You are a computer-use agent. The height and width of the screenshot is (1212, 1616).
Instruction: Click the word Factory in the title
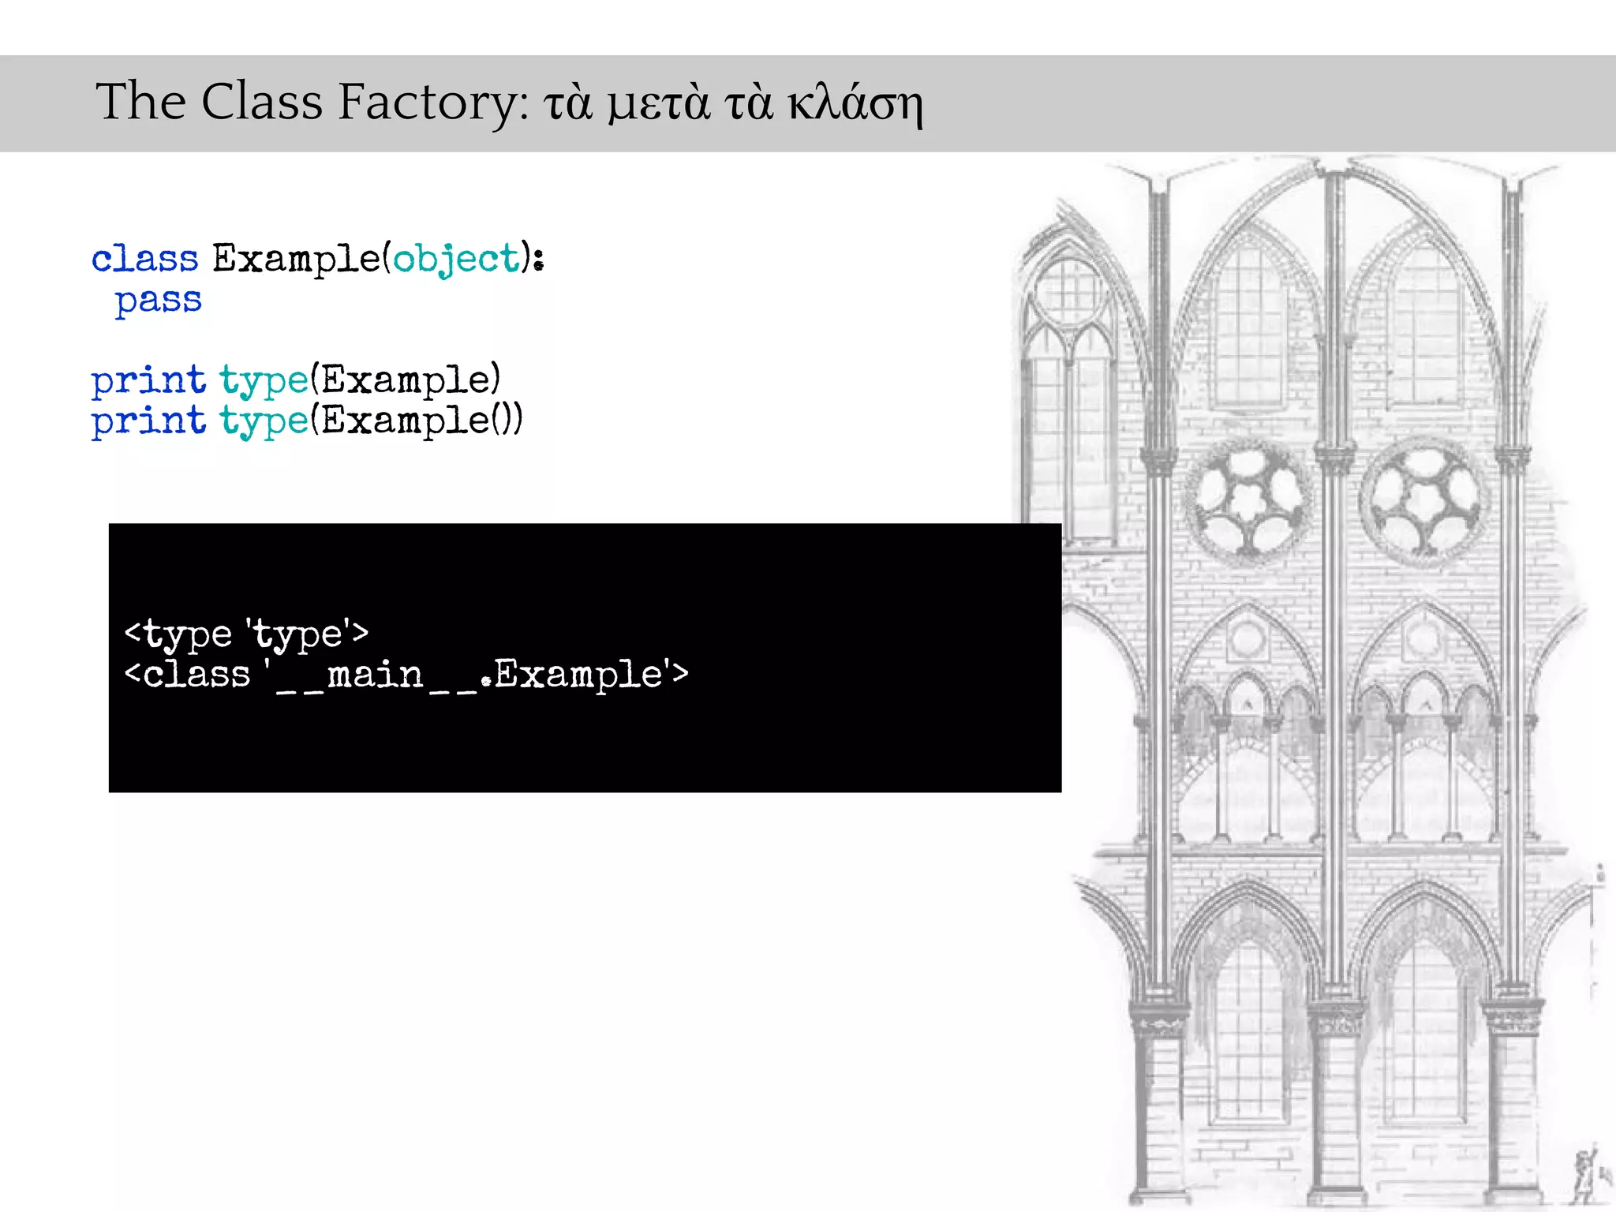(x=433, y=103)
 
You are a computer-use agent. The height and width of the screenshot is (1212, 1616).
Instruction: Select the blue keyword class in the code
(x=145, y=259)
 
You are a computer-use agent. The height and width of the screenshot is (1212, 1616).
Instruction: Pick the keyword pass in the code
(x=158, y=301)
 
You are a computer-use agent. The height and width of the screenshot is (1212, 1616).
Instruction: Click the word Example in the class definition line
(x=297, y=259)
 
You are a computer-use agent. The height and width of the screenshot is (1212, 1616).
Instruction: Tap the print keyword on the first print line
(x=148, y=380)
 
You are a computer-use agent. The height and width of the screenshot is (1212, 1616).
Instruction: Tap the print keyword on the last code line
(x=148, y=421)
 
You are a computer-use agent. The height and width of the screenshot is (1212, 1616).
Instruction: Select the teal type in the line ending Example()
(x=264, y=421)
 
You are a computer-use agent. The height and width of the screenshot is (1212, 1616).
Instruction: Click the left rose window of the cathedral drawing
(x=1247, y=499)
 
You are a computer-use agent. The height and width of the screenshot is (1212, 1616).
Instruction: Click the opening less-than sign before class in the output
(x=132, y=675)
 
